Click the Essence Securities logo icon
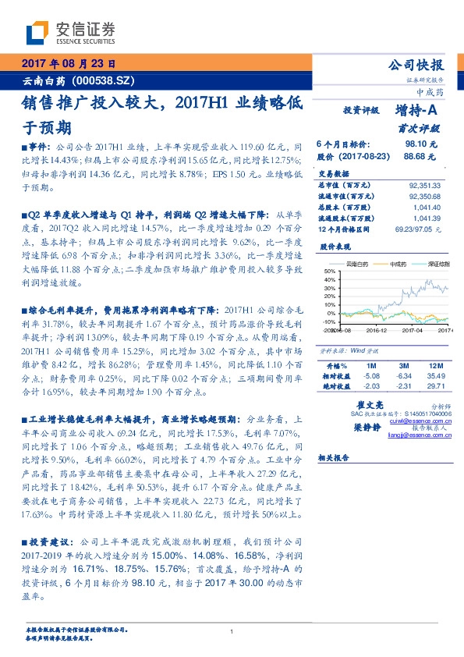(x=38, y=32)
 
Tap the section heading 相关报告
(x=336, y=459)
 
